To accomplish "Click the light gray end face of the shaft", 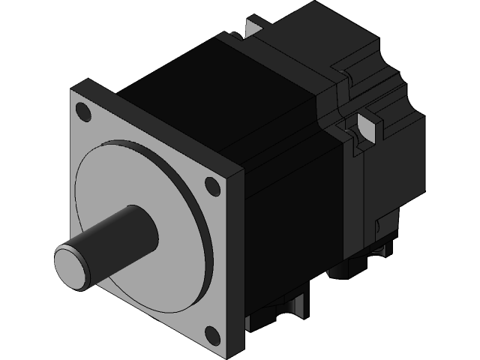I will [70, 265].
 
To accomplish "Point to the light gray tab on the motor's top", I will [250, 28].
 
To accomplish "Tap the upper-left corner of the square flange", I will [72, 91].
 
